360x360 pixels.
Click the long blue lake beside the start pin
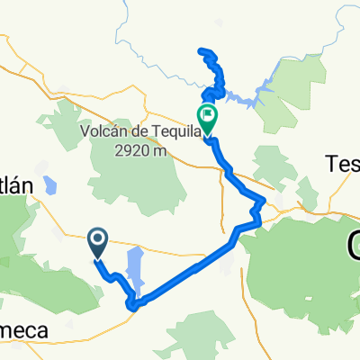pos(134,266)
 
